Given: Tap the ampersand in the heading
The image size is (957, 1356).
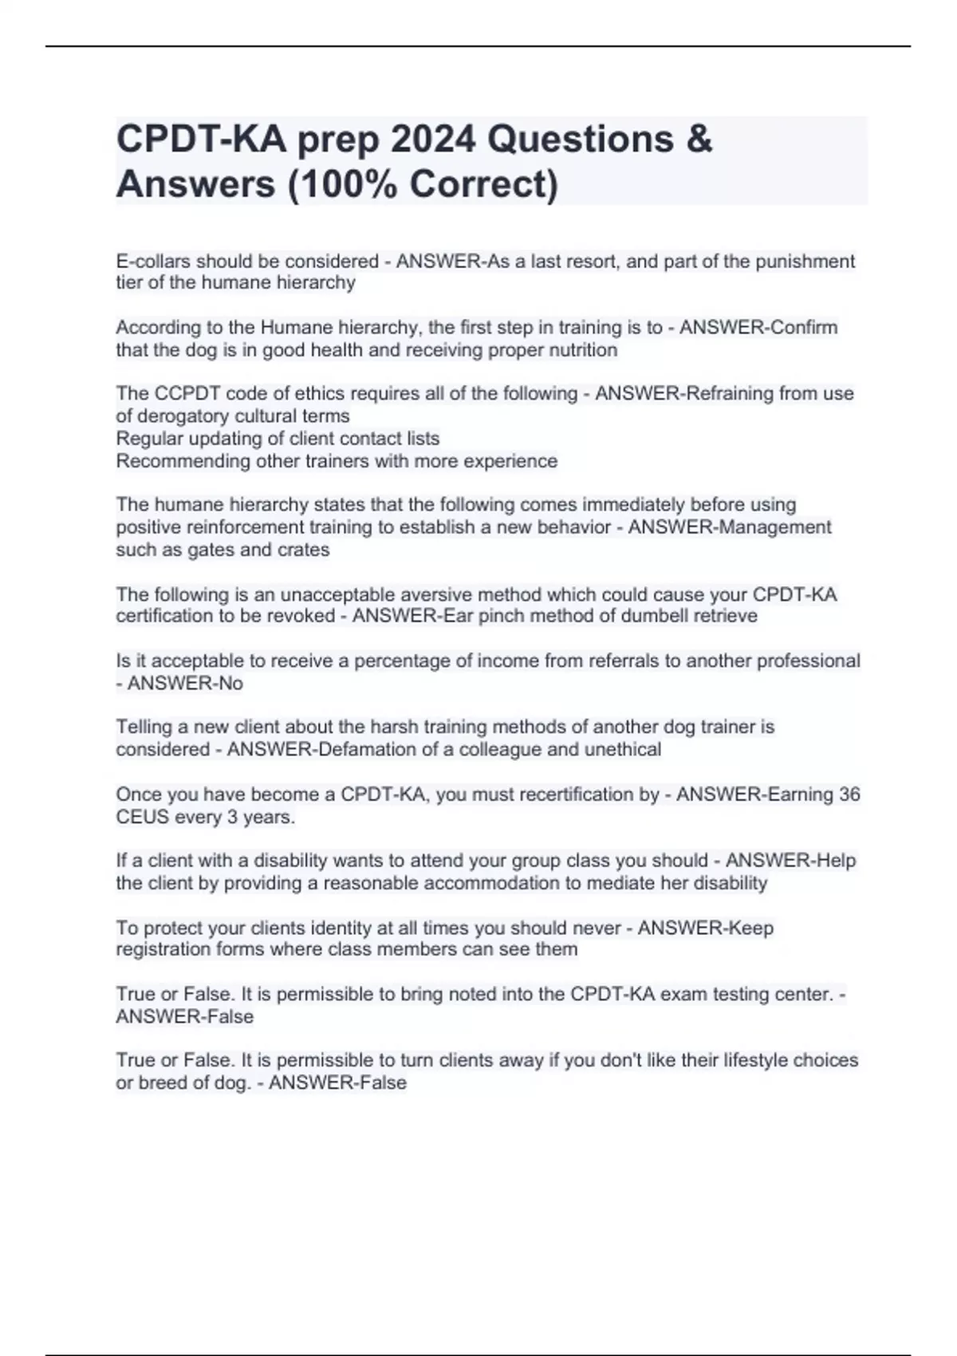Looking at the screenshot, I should coord(698,140).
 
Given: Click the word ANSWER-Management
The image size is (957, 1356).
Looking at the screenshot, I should coord(730,527).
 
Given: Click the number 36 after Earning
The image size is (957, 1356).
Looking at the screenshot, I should coord(849,794).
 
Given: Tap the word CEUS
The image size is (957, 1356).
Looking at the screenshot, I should coord(141,817).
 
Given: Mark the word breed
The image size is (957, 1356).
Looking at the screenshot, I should coord(162,1082).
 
